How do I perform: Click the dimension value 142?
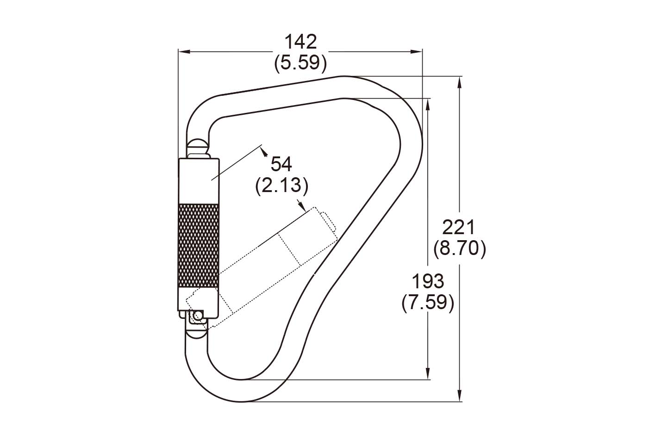point(300,42)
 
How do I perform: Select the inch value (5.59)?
point(300,62)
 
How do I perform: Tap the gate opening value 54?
point(281,164)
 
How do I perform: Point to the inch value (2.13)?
point(281,185)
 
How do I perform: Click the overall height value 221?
point(459,228)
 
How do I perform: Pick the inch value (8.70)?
point(459,249)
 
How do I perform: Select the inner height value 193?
point(428,281)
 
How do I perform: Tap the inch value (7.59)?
point(428,303)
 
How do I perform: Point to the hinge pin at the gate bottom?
point(199,316)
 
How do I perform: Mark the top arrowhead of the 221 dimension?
point(459,81)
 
